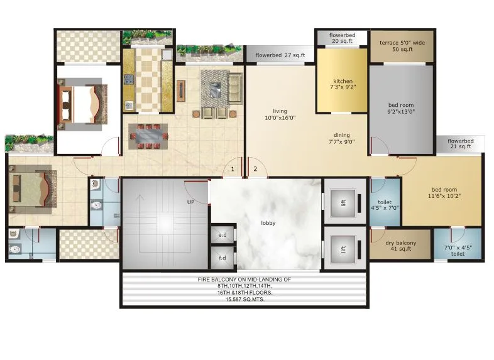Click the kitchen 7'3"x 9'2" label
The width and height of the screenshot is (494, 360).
[343, 85]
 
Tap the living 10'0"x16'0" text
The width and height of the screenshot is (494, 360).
[280, 114]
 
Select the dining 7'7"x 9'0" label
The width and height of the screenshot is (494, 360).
[342, 138]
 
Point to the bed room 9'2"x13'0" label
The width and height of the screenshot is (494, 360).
[401, 108]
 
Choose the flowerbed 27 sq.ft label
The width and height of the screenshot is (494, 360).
[280, 55]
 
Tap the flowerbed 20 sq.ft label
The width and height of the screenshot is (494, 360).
[342, 38]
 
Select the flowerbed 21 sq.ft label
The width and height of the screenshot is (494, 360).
[460, 144]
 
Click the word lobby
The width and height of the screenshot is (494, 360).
[268, 223]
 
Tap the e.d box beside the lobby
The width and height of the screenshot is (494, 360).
[222, 235]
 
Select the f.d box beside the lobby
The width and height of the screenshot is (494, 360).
[222, 258]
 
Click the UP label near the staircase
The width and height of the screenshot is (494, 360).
[190, 202]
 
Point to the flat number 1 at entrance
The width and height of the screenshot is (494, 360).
[233, 168]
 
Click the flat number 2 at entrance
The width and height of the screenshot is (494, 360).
[255, 168]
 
